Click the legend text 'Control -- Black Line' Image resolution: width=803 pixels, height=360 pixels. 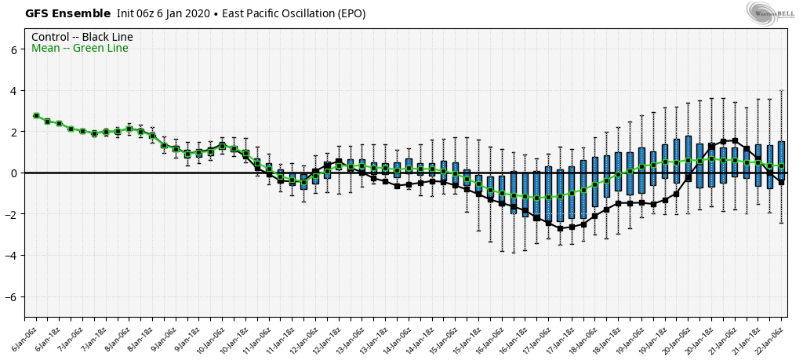[82, 37]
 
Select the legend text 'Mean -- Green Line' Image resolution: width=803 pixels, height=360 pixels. [79, 49]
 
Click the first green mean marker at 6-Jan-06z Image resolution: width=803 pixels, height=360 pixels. [36, 115]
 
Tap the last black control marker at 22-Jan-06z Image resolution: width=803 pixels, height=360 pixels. [781, 182]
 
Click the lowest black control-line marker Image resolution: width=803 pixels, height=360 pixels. [560, 228]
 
